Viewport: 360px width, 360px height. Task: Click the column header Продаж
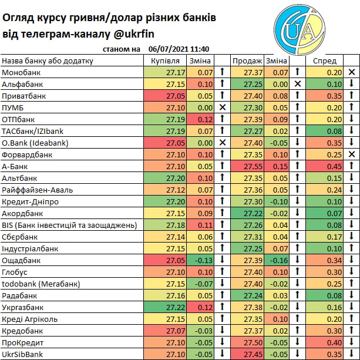[247, 60]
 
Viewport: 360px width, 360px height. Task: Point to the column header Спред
[325, 60]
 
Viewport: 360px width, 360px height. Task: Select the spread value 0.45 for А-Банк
[334, 166]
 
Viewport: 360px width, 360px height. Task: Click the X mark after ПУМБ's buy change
[223, 107]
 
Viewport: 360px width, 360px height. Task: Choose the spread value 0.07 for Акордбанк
[334, 213]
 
